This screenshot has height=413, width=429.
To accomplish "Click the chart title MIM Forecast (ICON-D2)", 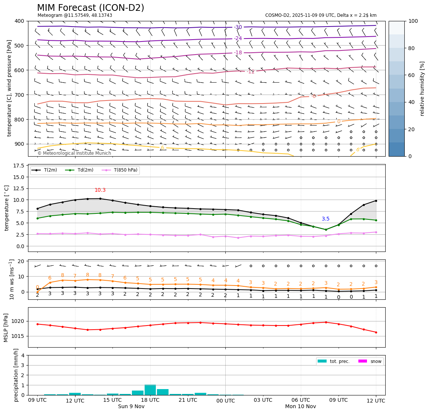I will click(x=90, y=8).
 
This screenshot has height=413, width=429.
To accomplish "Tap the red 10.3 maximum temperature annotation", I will click(x=100, y=190).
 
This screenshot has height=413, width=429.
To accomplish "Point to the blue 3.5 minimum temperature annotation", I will click(x=325, y=219).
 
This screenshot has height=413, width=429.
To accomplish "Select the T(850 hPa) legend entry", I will click(x=125, y=170).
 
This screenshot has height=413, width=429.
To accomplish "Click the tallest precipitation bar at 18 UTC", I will click(x=150, y=390).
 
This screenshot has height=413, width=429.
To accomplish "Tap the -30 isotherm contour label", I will click(x=238, y=27).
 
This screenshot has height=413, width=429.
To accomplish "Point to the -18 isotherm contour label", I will click(x=238, y=53).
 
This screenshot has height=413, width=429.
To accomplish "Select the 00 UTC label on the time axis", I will click(x=225, y=401).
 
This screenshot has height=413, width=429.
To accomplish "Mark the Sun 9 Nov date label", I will click(x=131, y=407).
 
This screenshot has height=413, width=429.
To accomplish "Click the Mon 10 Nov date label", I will click(x=300, y=407).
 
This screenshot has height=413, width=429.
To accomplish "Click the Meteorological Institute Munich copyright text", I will click(x=74, y=153).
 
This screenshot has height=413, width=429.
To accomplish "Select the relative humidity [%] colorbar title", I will click(x=422, y=89).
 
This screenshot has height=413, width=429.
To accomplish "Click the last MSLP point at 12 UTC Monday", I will click(x=376, y=332).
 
